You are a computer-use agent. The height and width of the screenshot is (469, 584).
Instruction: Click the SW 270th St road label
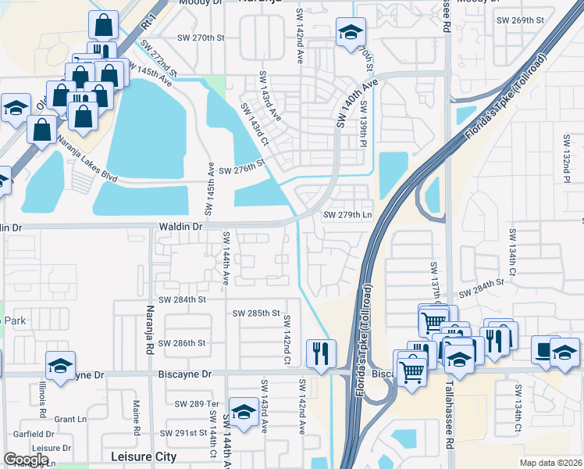201,38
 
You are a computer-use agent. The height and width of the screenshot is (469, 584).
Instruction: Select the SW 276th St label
243,170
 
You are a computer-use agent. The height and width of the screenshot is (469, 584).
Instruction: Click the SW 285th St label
256,313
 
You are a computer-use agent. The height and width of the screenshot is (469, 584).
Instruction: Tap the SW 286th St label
181,342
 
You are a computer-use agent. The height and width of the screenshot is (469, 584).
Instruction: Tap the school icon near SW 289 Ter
244,413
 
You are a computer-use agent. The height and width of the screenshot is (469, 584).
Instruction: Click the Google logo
26,460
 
